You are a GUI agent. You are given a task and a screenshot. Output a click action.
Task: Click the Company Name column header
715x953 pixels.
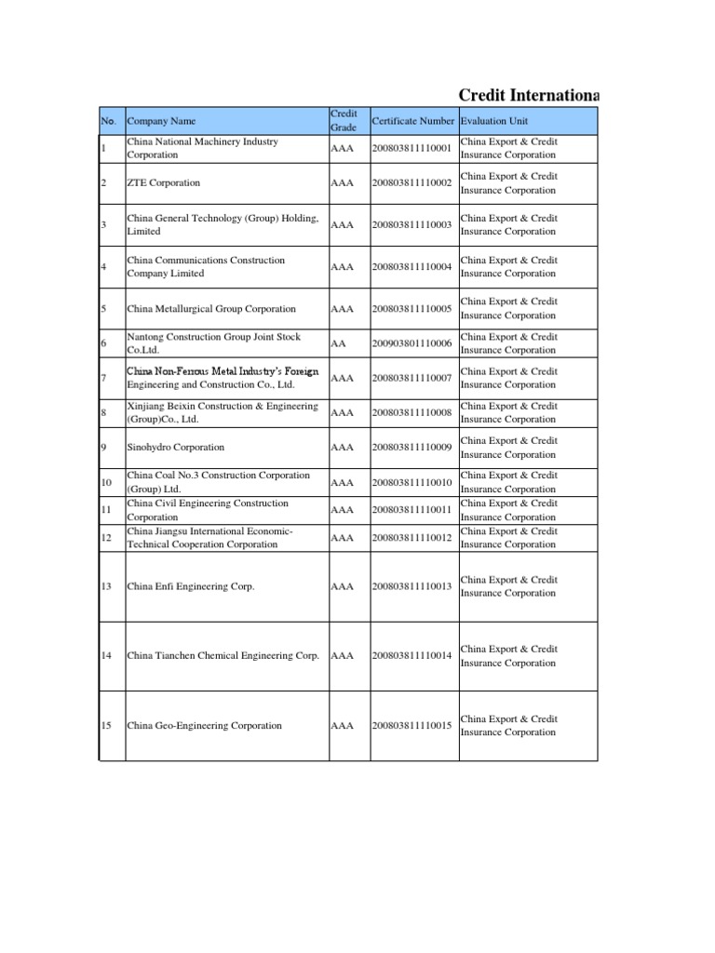coord(162,121)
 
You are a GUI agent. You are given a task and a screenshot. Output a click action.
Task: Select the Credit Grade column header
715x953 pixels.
coord(344,120)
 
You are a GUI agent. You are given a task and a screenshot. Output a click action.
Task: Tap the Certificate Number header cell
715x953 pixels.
coord(412,121)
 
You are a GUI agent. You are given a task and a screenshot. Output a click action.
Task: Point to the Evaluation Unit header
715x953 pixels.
coord(494,121)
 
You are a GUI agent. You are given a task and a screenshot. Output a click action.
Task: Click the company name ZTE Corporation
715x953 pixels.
coord(164,183)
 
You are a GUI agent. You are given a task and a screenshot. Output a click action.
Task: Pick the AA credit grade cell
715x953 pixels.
coord(338,343)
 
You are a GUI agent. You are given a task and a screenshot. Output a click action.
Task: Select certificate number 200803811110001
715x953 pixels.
coord(411,148)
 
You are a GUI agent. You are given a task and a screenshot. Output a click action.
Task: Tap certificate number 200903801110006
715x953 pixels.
coord(411,343)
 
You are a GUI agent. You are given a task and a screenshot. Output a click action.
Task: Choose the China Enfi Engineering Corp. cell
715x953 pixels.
coord(191,586)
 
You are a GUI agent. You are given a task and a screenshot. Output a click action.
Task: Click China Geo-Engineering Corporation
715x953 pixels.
coord(204,726)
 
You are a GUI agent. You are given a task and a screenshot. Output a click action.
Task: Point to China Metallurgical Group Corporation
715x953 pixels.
coord(211,309)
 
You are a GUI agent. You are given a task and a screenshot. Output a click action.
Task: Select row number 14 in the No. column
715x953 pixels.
coord(106,656)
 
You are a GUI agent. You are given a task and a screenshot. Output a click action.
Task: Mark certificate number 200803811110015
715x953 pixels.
coord(411,726)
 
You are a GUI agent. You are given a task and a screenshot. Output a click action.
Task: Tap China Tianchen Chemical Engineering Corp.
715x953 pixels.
coord(223,656)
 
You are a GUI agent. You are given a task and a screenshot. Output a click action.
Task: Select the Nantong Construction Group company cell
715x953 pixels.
coord(214,343)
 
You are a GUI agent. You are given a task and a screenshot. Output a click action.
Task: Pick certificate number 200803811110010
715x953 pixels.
coord(411,482)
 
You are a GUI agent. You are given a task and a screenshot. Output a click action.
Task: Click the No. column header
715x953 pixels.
coord(108,121)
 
